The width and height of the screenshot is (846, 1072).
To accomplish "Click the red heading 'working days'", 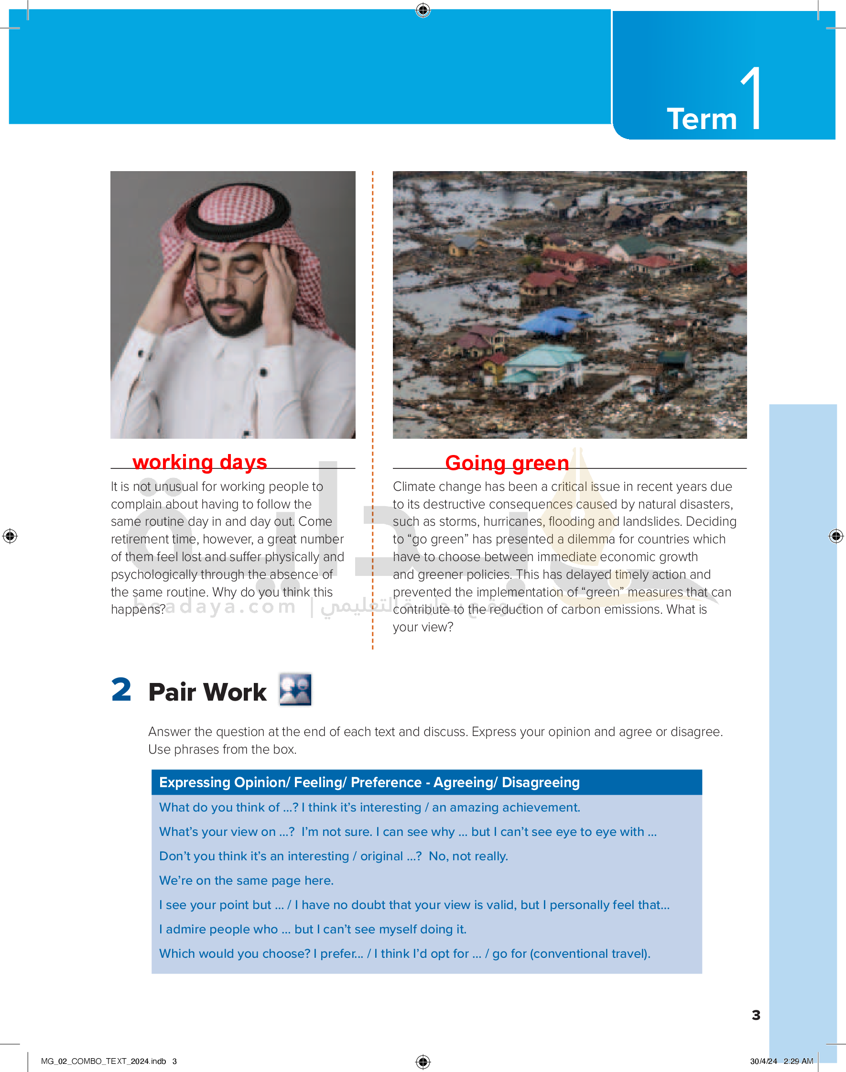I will [x=200, y=462].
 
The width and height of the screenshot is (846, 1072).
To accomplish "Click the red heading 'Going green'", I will [x=507, y=463].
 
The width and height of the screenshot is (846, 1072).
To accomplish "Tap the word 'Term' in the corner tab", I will [x=701, y=119].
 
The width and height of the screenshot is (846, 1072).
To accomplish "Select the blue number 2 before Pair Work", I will [x=121, y=689].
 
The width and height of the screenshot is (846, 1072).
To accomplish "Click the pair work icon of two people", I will [x=295, y=689].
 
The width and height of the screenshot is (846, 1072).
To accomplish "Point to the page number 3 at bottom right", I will [x=756, y=1015].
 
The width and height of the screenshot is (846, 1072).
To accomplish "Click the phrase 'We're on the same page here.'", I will [x=246, y=880].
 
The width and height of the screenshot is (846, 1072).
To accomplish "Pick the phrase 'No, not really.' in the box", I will [x=468, y=856].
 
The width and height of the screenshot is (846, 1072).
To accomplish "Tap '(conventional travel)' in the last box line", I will [x=589, y=953].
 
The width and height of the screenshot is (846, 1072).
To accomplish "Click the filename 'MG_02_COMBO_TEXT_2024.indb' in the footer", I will [x=103, y=1061].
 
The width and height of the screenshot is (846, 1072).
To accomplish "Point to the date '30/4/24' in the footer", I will [x=763, y=1061].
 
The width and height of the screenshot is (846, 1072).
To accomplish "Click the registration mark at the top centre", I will [x=423, y=10].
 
